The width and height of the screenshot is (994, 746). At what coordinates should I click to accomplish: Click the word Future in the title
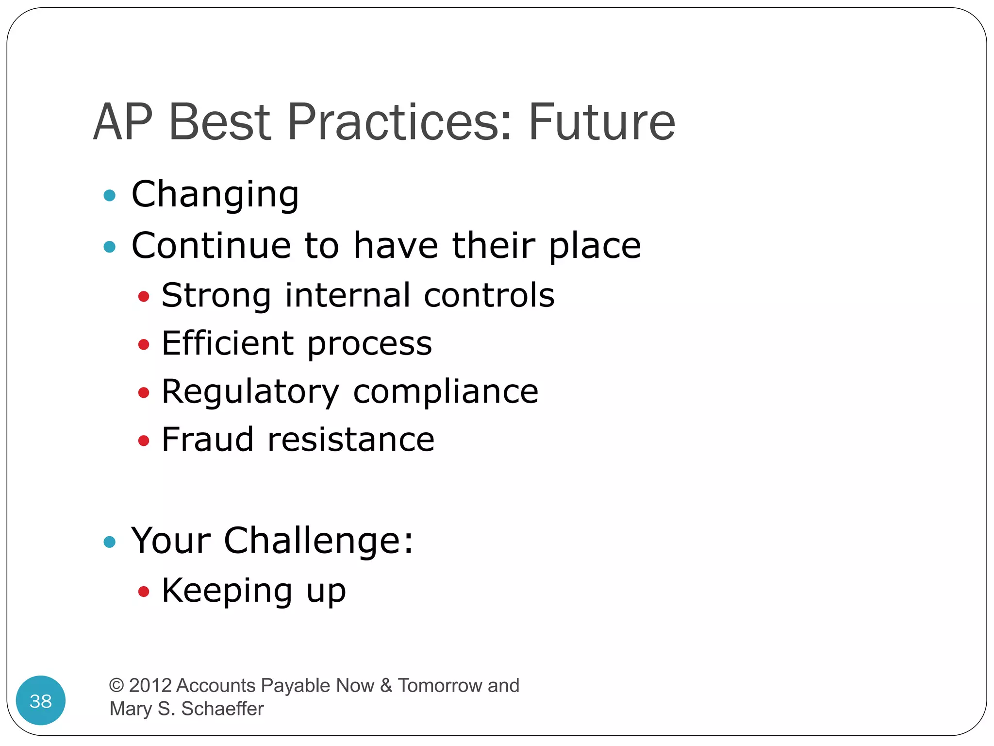tap(601, 122)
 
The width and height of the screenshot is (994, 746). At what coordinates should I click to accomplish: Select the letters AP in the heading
tap(123, 122)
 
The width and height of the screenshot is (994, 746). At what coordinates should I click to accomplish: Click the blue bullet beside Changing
tap(110, 196)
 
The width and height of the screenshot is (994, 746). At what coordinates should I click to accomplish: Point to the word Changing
tap(215, 195)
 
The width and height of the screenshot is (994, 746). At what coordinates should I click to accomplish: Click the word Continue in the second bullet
tap(211, 245)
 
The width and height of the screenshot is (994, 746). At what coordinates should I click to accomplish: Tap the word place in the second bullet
tap(595, 247)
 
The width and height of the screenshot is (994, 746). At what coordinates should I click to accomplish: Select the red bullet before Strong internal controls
tap(143, 296)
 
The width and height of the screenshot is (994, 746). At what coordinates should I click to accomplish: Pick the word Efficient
tap(228, 343)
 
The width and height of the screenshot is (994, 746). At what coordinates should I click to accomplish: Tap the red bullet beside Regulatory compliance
tap(143, 392)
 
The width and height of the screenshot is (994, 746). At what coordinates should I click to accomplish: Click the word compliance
tap(446, 391)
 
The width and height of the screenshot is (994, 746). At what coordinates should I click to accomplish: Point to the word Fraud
tap(208, 440)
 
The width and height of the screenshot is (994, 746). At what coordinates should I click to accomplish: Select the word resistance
tap(351, 440)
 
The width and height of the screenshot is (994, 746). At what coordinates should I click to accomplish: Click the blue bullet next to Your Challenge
tap(110, 542)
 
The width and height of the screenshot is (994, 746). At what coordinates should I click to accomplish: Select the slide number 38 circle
tap(41, 700)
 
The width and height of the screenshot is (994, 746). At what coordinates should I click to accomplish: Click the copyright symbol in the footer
tap(116, 685)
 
